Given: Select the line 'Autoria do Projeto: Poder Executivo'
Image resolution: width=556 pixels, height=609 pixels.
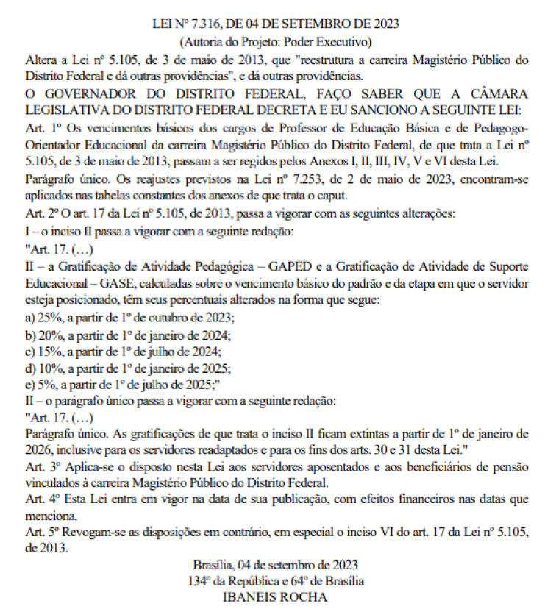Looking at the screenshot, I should pyautogui.click(x=277, y=40).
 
